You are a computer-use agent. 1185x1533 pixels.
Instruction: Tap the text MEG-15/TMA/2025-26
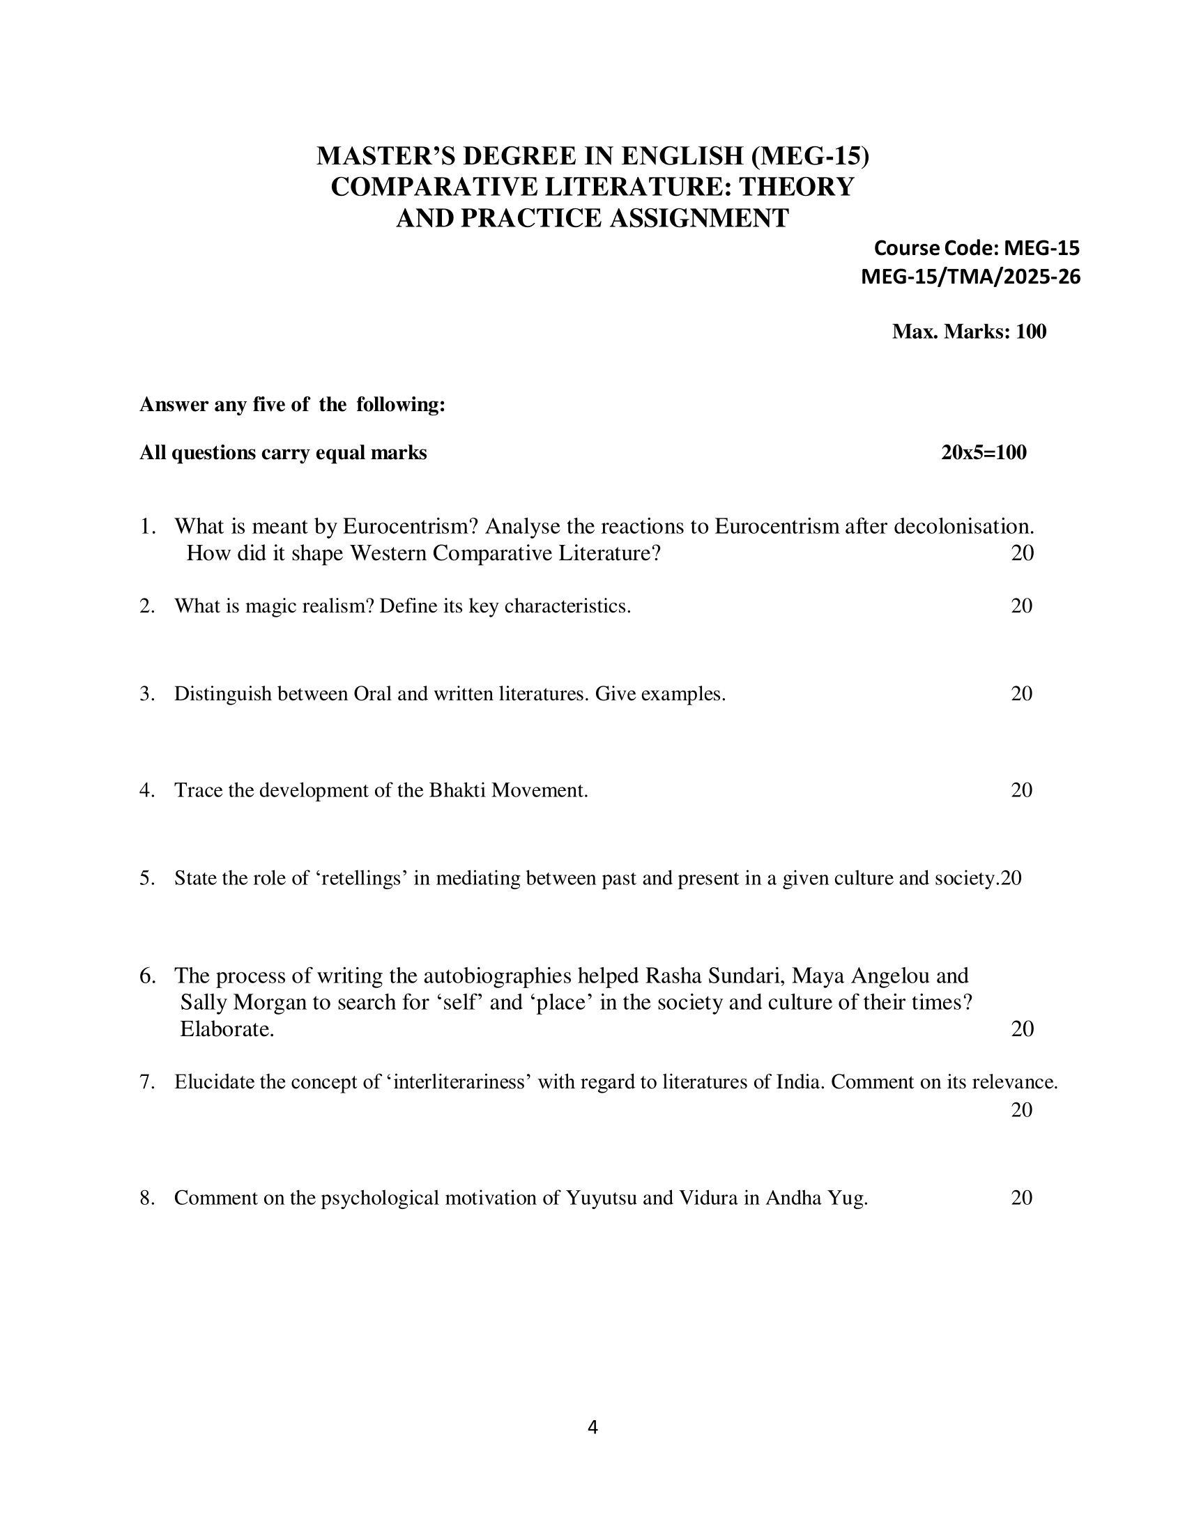click(x=970, y=277)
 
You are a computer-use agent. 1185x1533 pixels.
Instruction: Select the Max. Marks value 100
click(x=1030, y=332)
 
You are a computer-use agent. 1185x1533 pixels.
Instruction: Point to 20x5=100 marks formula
click(x=984, y=453)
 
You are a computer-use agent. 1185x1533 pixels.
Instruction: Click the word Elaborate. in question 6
click(x=227, y=1029)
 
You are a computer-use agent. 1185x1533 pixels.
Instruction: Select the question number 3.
click(x=146, y=694)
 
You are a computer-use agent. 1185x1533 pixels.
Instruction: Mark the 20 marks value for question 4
click(x=1021, y=790)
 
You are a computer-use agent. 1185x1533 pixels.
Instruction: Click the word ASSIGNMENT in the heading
click(x=698, y=218)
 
